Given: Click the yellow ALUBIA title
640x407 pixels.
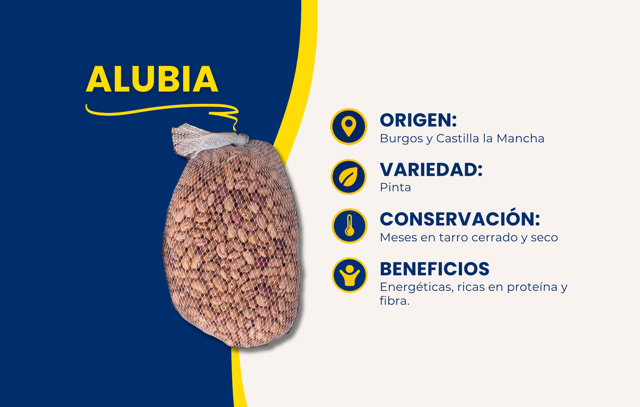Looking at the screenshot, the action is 152,79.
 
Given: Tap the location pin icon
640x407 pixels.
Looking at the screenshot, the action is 349,127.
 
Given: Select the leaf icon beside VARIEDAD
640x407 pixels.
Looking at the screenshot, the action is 349,177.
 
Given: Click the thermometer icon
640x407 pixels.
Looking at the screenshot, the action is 349,226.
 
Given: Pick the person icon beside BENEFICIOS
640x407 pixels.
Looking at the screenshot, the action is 349,275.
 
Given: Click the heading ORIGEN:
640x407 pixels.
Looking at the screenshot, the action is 418,120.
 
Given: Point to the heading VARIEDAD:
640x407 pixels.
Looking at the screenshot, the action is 431,170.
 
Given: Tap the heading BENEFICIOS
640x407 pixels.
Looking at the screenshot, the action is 434,269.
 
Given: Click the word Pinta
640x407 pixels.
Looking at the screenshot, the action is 395,187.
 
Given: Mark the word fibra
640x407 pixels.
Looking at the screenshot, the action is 395,300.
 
